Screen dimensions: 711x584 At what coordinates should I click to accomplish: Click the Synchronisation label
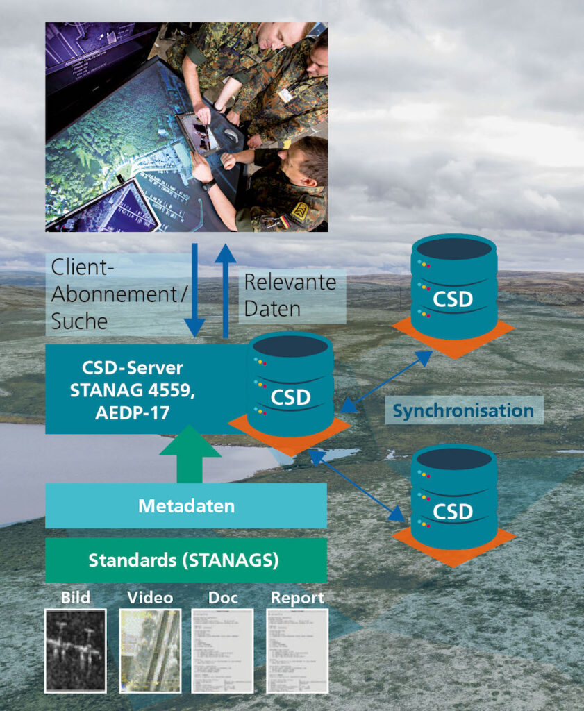click(x=463, y=410)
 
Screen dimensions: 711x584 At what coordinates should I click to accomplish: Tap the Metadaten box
click(x=186, y=505)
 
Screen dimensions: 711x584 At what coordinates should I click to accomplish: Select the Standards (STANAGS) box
click(x=186, y=560)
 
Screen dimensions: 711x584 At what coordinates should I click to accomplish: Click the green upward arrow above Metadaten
click(x=190, y=459)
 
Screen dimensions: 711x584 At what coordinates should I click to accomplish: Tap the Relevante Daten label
click(x=290, y=295)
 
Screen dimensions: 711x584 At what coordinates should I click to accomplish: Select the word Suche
click(x=79, y=321)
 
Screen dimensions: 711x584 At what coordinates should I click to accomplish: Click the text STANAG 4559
click(x=132, y=391)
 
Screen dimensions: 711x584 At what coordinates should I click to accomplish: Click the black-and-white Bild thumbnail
click(x=76, y=651)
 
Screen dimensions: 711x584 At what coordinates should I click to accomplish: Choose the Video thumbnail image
click(x=150, y=651)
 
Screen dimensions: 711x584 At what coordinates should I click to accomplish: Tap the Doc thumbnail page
click(x=222, y=651)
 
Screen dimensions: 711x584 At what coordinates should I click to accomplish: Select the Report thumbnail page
click(x=297, y=651)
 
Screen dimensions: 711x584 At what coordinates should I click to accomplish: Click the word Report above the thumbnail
click(x=297, y=597)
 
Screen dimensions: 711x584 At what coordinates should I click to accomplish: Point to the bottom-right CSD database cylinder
click(x=453, y=497)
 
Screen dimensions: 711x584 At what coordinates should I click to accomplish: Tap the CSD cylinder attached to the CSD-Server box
click(x=290, y=385)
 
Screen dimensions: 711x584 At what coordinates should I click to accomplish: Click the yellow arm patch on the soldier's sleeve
click(x=299, y=211)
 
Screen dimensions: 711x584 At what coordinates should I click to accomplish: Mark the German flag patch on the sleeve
click(x=285, y=222)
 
